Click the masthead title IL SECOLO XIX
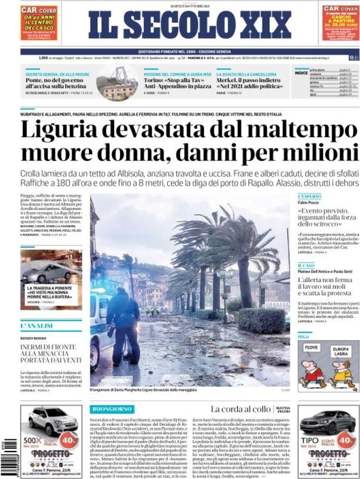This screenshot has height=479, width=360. (x=190, y=25)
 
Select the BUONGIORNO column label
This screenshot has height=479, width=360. (x=113, y=408)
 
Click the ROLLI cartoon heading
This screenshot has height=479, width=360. (x=303, y=337)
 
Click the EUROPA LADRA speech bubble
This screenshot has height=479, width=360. (x=341, y=350)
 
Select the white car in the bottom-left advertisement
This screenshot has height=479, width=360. (x=53, y=421)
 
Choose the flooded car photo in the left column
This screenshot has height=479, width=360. (x=51, y=270)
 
